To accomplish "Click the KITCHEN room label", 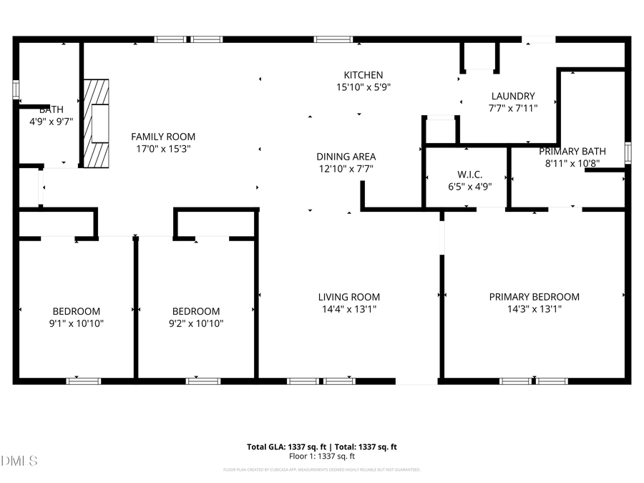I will tap(364, 75).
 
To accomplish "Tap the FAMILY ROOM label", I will tap(163, 137).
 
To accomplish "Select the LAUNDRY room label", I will tap(513, 96).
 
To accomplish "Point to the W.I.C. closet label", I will tap(469, 175).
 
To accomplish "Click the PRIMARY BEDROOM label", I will tap(535, 297).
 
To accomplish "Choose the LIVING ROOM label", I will tap(349, 297).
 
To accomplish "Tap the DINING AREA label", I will tap(346, 157).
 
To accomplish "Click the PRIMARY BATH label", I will tap(572, 151).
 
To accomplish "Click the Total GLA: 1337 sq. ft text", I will tap(283, 447).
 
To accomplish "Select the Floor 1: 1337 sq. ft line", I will tap(322, 456).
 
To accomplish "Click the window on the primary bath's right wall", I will tap(628, 152).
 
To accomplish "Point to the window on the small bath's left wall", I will tap(16, 89).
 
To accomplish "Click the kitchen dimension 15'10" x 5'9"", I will tap(364, 87).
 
